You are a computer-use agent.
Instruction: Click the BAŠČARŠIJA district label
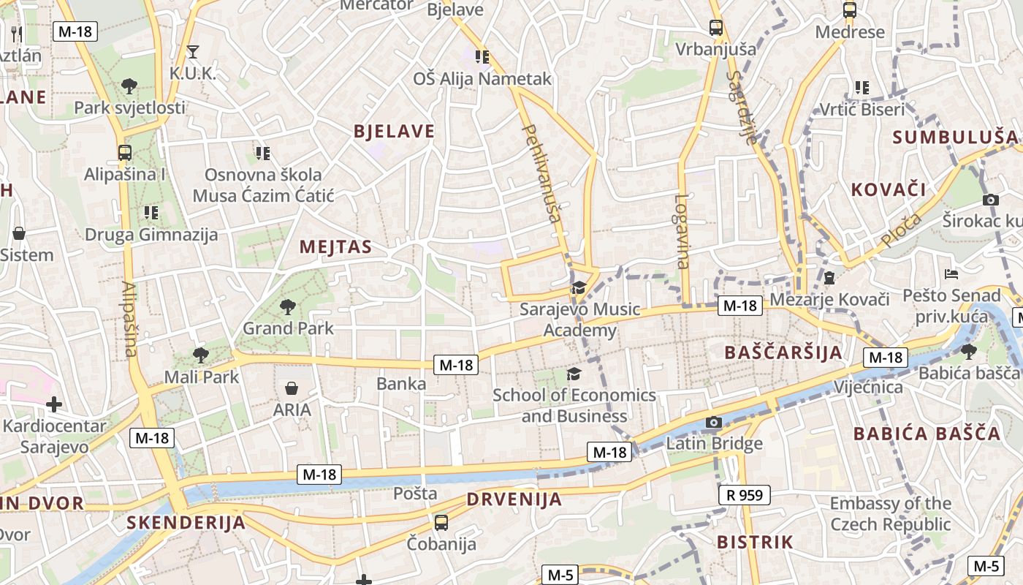click(783, 352)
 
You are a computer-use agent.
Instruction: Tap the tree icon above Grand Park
click(288, 306)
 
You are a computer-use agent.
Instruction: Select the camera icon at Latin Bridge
click(714, 423)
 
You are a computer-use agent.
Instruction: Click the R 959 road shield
click(745, 495)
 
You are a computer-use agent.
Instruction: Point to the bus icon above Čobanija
click(441, 522)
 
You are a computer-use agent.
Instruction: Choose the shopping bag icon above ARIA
click(292, 388)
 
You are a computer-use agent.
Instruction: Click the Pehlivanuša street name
click(542, 173)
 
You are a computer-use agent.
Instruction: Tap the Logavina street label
click(682, 231)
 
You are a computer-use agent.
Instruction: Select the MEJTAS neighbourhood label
click(335, 247)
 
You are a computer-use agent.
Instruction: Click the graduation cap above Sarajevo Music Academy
click(579, 287)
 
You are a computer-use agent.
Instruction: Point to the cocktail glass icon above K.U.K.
click(193, 51)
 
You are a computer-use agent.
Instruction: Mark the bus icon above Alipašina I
click(125, 153)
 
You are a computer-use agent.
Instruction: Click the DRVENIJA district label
click(514, 500)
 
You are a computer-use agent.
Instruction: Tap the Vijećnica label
click(869, 387)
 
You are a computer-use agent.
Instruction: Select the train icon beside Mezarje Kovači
click(829, 278)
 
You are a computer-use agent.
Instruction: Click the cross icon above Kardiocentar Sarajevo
click(54, 404)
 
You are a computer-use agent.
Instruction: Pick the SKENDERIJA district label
click(186, 523)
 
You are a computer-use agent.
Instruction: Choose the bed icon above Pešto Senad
click(951, 274)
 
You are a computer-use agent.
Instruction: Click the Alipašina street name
click(129, 320)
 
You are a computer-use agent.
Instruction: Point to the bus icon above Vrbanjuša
click(716, 28)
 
